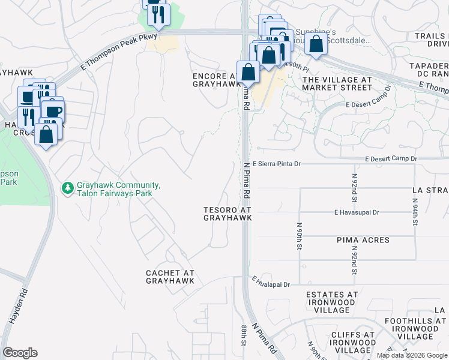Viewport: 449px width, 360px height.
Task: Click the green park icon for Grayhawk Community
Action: (67, 189)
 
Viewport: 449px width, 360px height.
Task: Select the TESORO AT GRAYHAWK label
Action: (227, 214)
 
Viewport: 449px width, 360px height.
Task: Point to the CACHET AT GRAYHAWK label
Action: (170, 277)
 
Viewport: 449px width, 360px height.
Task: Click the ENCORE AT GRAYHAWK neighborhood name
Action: (214, 80)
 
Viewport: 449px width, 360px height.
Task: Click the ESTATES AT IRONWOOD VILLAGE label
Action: (332, 302)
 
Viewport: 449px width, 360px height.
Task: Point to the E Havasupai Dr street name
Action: (357, 212)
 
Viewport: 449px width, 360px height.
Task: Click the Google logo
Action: (20, 353)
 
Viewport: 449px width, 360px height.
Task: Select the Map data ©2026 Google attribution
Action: (411, 355)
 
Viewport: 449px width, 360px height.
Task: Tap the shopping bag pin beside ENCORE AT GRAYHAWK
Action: (248, 72)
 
